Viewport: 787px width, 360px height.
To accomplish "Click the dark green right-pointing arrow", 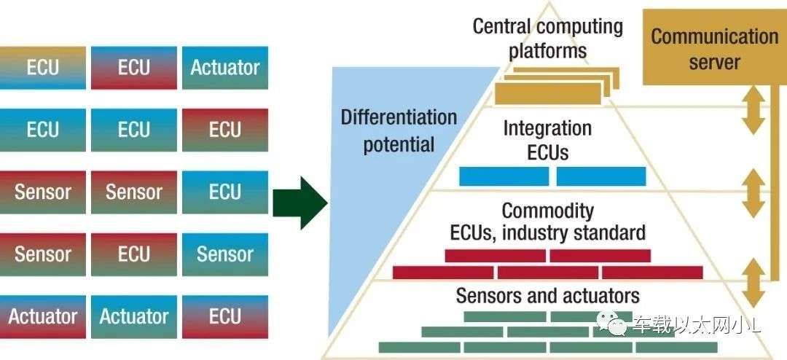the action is pyautogui.click(x=300, y=203).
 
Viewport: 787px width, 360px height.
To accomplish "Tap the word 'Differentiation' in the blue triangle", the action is pyautogui.click(x=399, y=117).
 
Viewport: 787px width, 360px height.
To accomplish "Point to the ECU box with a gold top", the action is pyautogui.click(x=43, y=68).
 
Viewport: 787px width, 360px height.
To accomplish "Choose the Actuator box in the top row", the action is pyautogui.click(x=225, y=68).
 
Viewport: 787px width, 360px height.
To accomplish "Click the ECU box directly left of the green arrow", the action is pyautogui.click(x=225, y=192).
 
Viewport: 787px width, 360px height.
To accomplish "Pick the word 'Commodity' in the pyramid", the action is pyautogui.click(x=547, y=211).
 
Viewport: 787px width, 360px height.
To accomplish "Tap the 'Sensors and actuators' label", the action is pyautogui.click(x=547, y=295).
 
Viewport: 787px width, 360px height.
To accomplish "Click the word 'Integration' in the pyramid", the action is pyautogui.click(x=547, y=128).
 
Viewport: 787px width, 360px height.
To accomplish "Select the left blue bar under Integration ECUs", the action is pyautogui.click(x=504, y=176).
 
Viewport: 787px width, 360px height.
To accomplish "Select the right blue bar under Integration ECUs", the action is pyautogui.click(x=601, y=176).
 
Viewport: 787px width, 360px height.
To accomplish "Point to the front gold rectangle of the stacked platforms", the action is pyautogui.click(x=548, y=94).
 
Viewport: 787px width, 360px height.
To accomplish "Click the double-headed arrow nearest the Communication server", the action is pyautogui.click(x=753, y=110).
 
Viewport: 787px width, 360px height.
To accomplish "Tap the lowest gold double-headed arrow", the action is pyautogui.click(x=753, y=283).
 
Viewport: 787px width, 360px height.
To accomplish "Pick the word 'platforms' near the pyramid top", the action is pyautogui.click(x=547, y=50).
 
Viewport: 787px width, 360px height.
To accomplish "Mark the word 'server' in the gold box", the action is pyautogui.click(x=714, y=62).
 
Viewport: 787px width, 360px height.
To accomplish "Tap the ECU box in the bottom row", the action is pyautogui.click(x=225, y=316).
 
